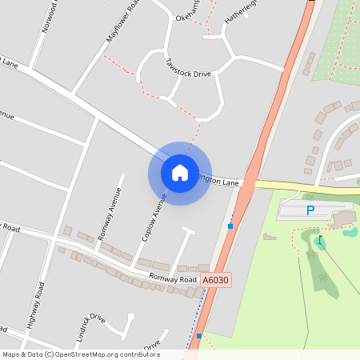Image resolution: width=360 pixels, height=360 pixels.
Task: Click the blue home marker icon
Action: point(179,172)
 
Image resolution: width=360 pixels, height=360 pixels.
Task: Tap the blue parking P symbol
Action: point(310,210)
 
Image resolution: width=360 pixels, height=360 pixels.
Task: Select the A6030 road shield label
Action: point(215,280)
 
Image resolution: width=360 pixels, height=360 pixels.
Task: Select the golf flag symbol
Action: point(320,240)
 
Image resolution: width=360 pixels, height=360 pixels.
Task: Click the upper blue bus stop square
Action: point(230,226)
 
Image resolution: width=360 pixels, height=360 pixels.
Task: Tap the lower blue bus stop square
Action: point(199,336)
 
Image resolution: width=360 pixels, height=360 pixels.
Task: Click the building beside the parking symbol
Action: point(342,217)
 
